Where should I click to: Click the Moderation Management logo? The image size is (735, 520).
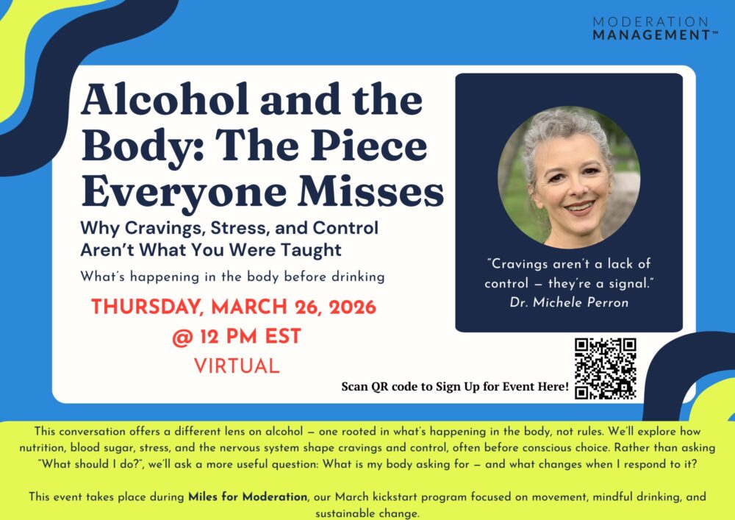[656, 29]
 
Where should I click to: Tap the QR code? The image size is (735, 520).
[606, 368]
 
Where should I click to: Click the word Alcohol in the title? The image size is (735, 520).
[165, 99]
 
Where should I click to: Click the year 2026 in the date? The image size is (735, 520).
[353, 307]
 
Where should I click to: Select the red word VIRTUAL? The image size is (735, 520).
[237, 366]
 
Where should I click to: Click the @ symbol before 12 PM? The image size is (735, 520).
[182, 337]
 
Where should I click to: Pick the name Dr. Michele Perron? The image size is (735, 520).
[569, 302]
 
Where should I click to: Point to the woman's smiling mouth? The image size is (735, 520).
[579, 207]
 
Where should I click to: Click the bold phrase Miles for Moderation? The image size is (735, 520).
[248, 496]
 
